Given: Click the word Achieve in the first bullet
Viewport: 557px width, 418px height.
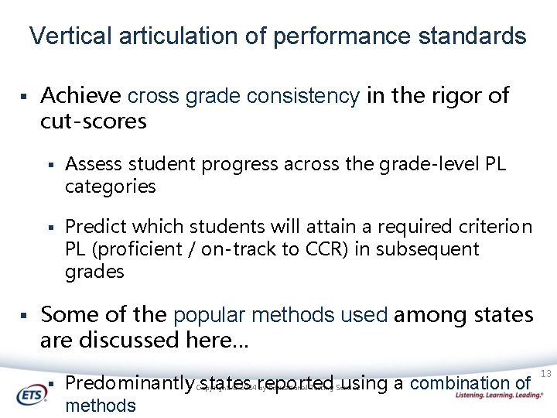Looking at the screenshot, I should click(x=80, y=96).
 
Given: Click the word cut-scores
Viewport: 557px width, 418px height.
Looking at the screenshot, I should click(x=93, y=122).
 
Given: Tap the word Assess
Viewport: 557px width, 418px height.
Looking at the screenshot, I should click(x=92, y=164).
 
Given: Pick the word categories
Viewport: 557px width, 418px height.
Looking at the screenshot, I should click(x=110, y=187).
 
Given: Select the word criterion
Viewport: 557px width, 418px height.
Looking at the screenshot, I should click(x=493, y=227).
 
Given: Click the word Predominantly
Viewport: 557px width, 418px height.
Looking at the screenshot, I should click(x=128, y=383).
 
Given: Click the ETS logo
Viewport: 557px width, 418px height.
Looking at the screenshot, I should click(x=33, y=393).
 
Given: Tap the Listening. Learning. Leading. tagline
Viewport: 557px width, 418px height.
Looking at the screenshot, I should click(x=499, y=395).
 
